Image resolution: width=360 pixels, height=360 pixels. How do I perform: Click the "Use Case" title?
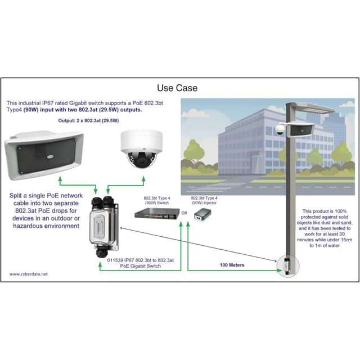pos(177,88)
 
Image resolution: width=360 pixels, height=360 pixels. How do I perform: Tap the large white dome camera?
pos(142,148)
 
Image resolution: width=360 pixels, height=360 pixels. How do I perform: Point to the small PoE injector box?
pos(202,215)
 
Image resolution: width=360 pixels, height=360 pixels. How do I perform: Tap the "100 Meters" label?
pos(232,265)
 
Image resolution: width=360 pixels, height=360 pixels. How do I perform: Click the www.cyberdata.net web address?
pos(29,274)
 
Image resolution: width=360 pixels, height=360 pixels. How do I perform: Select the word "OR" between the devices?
pos(184,213)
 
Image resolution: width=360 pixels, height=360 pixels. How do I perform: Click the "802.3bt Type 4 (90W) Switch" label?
pos(157,200)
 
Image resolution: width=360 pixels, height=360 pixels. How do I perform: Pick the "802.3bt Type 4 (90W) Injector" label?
pos(204,200)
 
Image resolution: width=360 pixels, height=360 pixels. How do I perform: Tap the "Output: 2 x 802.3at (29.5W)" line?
pos(88,120)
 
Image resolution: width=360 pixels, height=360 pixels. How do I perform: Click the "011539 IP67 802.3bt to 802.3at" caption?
pos(141,260)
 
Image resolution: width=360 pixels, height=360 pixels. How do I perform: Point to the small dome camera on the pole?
pos(280,130)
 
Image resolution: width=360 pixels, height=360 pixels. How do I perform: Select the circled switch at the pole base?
pos(287,266)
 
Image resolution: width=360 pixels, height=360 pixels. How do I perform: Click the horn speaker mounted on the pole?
pos(302,130)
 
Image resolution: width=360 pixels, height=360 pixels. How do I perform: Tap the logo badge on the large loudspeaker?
pos(50,157)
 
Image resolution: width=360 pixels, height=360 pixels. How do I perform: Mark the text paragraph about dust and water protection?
pos(325,228)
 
